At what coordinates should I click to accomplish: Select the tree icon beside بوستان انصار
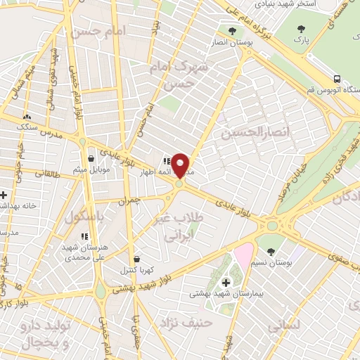[x=231, y=30]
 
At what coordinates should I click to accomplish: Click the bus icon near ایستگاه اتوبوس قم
[x=338, y=79]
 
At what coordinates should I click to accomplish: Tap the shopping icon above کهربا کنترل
[x=136, y=258]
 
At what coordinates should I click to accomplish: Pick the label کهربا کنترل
[x=136, y=269]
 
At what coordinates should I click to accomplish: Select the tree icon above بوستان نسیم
[x=271, y=250]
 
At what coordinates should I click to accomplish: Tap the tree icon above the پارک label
[x=302, y=29]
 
